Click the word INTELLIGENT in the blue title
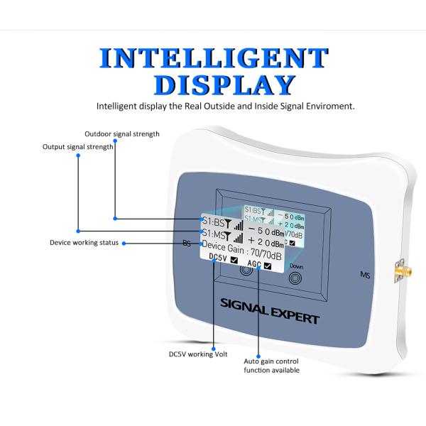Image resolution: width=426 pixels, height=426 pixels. pyautogui.click(x=213, y=58)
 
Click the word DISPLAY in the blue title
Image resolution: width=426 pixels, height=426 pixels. pyautogui.click(x=224, y=84)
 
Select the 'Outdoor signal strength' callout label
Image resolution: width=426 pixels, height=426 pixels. pyautogui.click(x=122, y=133)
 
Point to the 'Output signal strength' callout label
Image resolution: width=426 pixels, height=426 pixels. pyautogui.click(x=78, y=147)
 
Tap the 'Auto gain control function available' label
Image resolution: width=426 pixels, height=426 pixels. pyautogui.click(x=272, y=366)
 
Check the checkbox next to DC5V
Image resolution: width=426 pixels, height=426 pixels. pyautogui.click(x=234, y=260)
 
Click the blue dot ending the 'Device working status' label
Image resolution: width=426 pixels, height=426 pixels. pyautogui.click(x=125, y=243)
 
